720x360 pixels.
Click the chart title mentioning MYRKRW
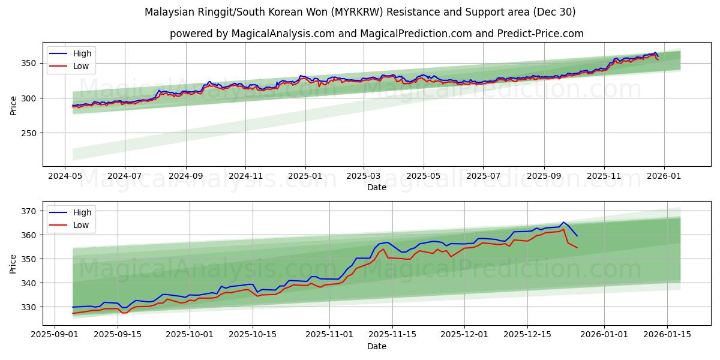pyautogui.click(x=360, y=12)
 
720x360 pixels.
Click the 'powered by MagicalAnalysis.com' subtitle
pyautogui.click(x=376, y=34)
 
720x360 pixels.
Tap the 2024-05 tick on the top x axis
pyautogui.click(x=65, y=176)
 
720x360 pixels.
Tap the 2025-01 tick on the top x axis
pyautogui.click(x=305, y=176)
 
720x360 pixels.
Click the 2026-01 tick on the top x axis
pyautogui.click(x=663, y=176)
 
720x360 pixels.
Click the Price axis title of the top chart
pyautogui.click(x=13, y=106)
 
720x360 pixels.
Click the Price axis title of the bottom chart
pyautogui.click(x=13, y=264)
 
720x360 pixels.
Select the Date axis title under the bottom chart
pyautogui.click(x=376, y=346)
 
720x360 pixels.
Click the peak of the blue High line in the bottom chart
pyautogui.click(x=563, y=222)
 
